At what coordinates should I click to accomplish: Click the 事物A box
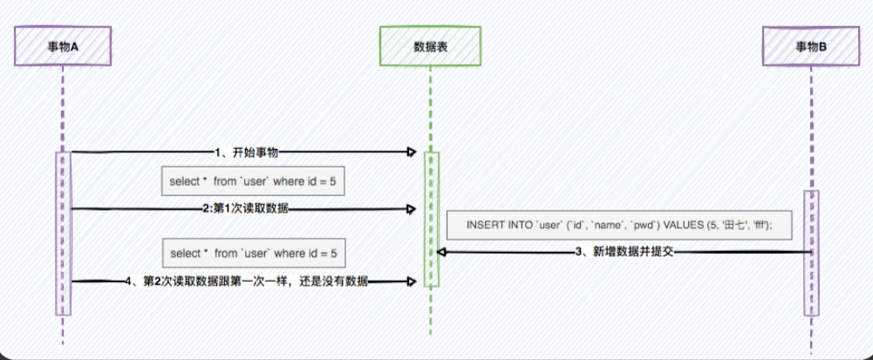63,46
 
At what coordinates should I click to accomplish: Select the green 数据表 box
430,46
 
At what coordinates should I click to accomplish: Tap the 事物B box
811,46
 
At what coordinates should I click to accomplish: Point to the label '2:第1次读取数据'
246,209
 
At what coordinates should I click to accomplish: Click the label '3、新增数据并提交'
624,252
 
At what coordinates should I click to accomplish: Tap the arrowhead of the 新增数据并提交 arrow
442,252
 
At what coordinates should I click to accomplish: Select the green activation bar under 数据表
431,218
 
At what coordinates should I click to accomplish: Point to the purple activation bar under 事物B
811,253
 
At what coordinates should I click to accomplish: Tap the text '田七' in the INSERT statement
724,224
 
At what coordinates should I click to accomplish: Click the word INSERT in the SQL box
485,224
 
